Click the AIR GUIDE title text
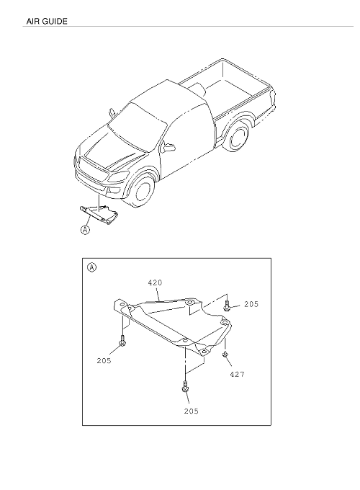point(47,21)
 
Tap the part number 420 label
point(155,282)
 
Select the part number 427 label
point(238,374)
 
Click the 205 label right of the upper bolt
point(251,304)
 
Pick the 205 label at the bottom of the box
point(191,411)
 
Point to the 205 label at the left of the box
point(104,360)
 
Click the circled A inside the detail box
point(91,267)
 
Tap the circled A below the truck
point(85,230)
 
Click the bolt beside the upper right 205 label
point(227,306)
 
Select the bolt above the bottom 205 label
point(185,386)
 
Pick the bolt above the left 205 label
point(122,341)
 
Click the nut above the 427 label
point(225,354)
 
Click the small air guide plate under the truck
point(99,214)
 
